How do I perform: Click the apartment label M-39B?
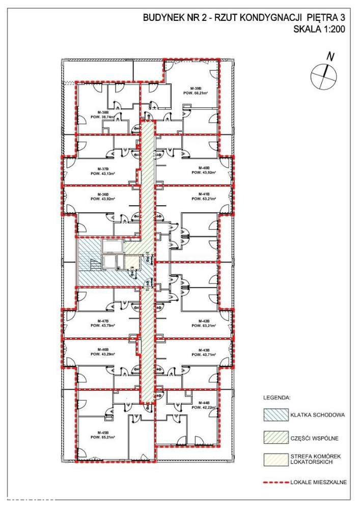click(194, 88)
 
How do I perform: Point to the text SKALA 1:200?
click(319, 30)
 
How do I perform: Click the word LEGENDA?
click(276, 395)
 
